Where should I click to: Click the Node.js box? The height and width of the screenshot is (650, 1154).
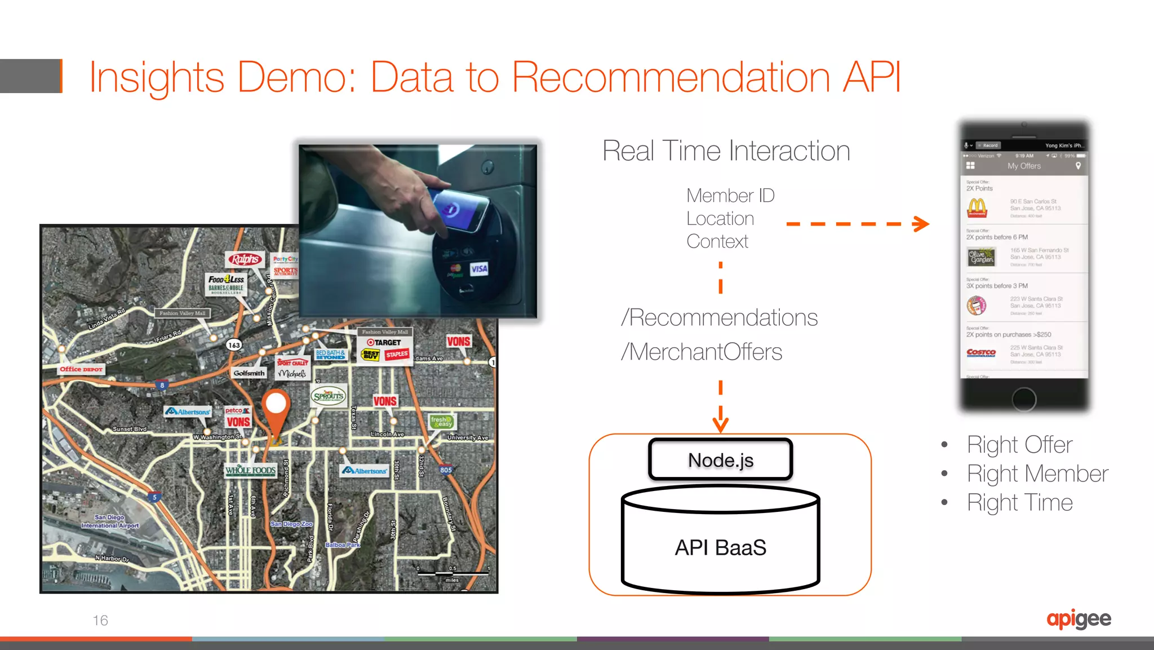(720, 459)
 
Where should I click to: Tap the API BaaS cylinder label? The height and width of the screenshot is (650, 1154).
(720, 547)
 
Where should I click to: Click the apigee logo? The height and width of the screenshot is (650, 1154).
(1078, 619)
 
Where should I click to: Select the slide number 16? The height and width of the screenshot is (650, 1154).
(100, 620)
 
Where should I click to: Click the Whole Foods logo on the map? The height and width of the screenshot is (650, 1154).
(251, 470)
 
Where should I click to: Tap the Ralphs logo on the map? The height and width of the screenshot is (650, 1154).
(245, 259)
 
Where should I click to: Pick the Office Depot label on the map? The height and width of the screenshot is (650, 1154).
(81, 369)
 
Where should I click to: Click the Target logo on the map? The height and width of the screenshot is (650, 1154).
(384, 342)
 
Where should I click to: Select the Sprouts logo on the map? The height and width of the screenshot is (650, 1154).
(329, 396)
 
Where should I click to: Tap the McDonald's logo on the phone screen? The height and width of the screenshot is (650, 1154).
(977, 208)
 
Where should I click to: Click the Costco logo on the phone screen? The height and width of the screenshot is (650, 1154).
(980, 352)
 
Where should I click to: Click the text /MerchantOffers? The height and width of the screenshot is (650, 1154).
(701, 352)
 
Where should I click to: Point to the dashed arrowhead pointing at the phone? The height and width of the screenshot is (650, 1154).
(921, 224)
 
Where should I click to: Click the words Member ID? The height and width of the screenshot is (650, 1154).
(730, 196)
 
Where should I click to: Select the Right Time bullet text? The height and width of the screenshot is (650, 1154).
(1019, 502)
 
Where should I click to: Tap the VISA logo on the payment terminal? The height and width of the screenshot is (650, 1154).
(479, 268)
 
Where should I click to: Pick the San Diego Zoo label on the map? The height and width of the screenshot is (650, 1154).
(291, 524)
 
